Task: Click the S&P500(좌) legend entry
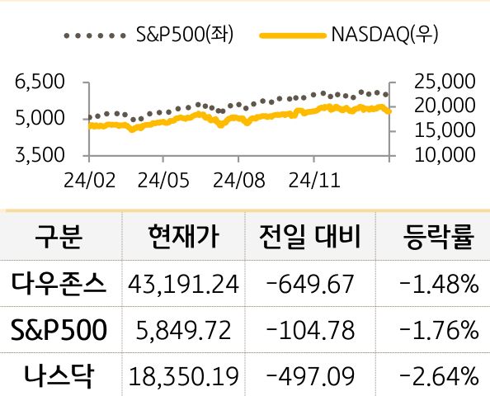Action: click(185, 35)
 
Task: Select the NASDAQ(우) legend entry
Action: click(383, 35)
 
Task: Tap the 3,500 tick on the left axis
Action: click(40, 154)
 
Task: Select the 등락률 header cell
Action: click(436, 238)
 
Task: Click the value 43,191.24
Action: click(184, 285)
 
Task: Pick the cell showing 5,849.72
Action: click(184, 331)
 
